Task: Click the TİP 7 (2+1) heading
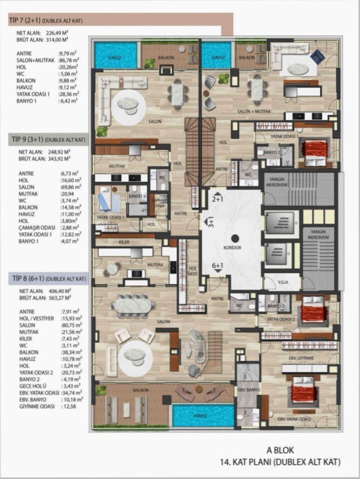click(45, 20)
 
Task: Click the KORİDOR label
click(233, 247)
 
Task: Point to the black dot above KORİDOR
click(234, 238)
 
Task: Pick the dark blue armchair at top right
click(317, 57)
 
